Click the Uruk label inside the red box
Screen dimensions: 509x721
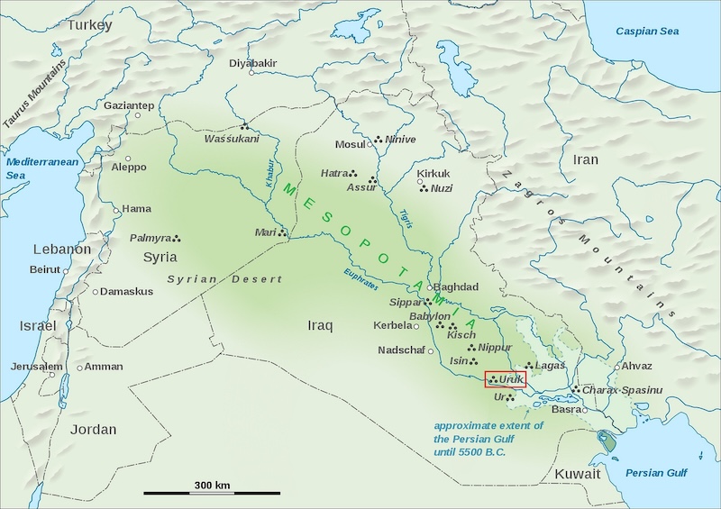pyautogui.click(x=511, y=380)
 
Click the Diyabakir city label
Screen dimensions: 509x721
pyautogui.click(x=252, y=63)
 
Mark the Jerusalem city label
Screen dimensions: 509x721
pyautogui.click(x=37, y=367)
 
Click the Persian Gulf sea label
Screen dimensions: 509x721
pyautogui.click(x=658, y=473)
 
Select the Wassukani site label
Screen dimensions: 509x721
pyautogui.click(x=231, y=140)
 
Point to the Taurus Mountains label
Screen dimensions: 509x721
pyautogui.click(x=34, y=94)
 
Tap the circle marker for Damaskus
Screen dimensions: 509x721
pyautogui.click(x=96, y=292)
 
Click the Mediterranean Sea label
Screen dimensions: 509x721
pyautogui.click(x=41, y=168)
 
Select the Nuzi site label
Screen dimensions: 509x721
pyautogui.click(x=442, y=189)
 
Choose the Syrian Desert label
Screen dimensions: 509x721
pyautogui.click(x=224, y=279)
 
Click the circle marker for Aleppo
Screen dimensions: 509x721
pyautogui.click(x=105, y=167)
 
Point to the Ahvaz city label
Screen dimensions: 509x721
pyautogui.click(x=636, y=366)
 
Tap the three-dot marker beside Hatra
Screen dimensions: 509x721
pyautogui.click(x=353, y=173)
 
